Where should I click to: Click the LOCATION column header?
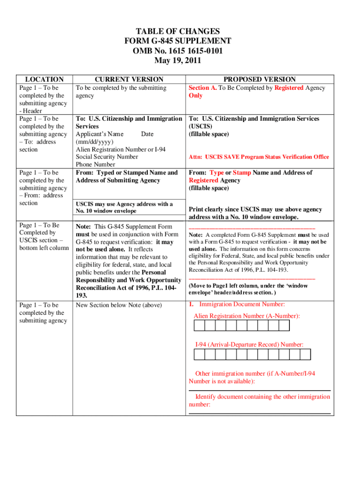[x=44, y=80]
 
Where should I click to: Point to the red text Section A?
[x=202, y=88]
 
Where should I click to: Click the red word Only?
[x=195, y=95]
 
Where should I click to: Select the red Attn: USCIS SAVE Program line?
[x=259, y=157]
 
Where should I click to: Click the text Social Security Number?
[x=107, y=157]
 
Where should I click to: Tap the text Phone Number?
[x=95, y=165]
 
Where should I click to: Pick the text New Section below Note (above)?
[x=119, y=305]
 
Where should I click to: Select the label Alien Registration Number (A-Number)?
[x=246, y=316]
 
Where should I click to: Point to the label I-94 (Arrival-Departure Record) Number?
[x=249, y=345]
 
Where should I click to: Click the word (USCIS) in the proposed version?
[x=201, y=126]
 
